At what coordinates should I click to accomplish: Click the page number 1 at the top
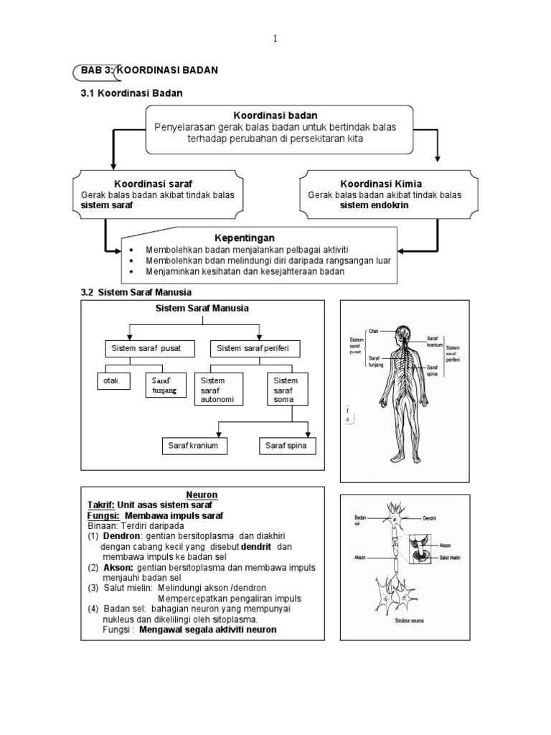275,39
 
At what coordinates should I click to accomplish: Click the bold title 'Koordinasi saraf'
153,184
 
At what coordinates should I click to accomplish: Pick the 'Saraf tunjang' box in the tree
165,385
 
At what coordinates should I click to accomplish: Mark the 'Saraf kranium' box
194,446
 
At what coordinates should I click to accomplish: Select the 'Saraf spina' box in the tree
286,446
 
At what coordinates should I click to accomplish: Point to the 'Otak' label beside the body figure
373,331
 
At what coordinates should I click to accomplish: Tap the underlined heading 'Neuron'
202,495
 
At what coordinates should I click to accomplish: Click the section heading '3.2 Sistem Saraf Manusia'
136,291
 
